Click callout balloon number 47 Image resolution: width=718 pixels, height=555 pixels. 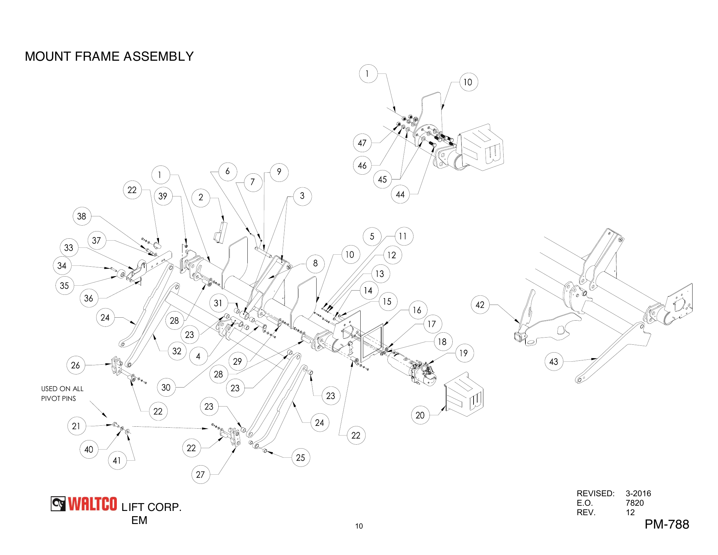(x=362, y=143)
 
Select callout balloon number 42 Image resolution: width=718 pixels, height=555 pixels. (x=480, y=305)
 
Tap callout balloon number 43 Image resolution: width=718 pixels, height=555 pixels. (x=554, y=362)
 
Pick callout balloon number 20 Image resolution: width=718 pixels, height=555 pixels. (x=420, y=415)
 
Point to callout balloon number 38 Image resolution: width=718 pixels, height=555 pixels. (x=82, y=216)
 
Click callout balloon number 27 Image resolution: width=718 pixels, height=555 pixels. (x=200, y=474)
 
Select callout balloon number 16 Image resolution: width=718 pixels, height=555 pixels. (x=417, y=310)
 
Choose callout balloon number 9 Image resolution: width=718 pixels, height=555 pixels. (x=279, y=172)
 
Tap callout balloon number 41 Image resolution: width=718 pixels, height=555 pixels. (x=117, y=460)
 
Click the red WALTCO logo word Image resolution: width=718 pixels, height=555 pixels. (x=92, y=504)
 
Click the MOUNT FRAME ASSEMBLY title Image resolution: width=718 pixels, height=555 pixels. (x=109, y=56)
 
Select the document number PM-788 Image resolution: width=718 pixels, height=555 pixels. (x=666, y=524)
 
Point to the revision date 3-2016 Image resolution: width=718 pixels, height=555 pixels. (x=638, y=493)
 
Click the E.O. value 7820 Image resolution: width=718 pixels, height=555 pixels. (x=634, y=503)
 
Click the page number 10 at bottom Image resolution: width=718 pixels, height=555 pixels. (x=359, y=526)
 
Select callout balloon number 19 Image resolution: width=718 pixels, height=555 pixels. (x=463, y=353)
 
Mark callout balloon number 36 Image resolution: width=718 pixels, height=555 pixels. (x=88, y=298)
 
